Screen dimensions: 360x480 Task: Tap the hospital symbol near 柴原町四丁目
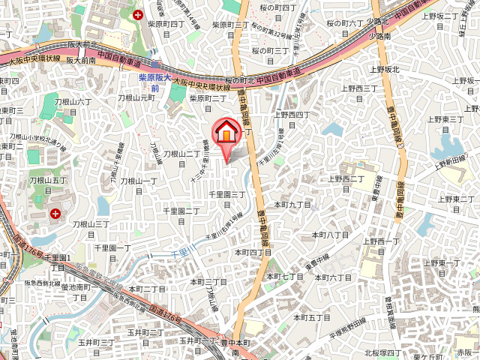coord(138,14)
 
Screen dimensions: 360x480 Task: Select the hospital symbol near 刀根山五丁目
coord(55,214)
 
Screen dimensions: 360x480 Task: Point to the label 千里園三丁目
coord(227,199)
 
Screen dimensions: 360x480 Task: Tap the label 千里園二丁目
coord(181,216)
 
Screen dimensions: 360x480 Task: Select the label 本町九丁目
coord(292,204)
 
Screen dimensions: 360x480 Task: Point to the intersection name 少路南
coord(381,35)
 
